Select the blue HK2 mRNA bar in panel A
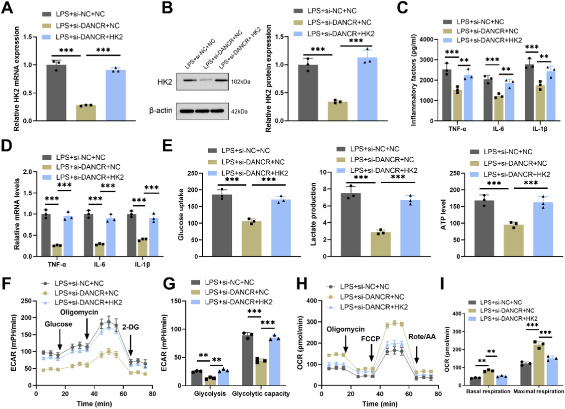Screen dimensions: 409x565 coord(115,96)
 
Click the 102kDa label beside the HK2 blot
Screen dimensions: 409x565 coord(240,82)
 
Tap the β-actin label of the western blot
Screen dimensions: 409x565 coord(161,111)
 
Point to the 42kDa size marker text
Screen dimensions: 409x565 coord(239,112)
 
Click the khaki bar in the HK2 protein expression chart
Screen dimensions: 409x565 coord(338,112)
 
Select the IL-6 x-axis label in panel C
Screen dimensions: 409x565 coord(498,129)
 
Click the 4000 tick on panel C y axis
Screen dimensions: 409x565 coord(427,40)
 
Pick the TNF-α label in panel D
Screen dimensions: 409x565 coord(57,265)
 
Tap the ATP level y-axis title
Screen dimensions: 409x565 coord(443,214)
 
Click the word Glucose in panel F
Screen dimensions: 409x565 coord(58,324)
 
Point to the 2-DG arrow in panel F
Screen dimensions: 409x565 coord(130,345)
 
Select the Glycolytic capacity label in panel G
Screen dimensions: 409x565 coord(261,394)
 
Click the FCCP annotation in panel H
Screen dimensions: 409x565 coord(371,339)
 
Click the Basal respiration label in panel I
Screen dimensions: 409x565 coord(488,391)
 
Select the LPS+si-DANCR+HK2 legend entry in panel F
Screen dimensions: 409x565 coord(88,302)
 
